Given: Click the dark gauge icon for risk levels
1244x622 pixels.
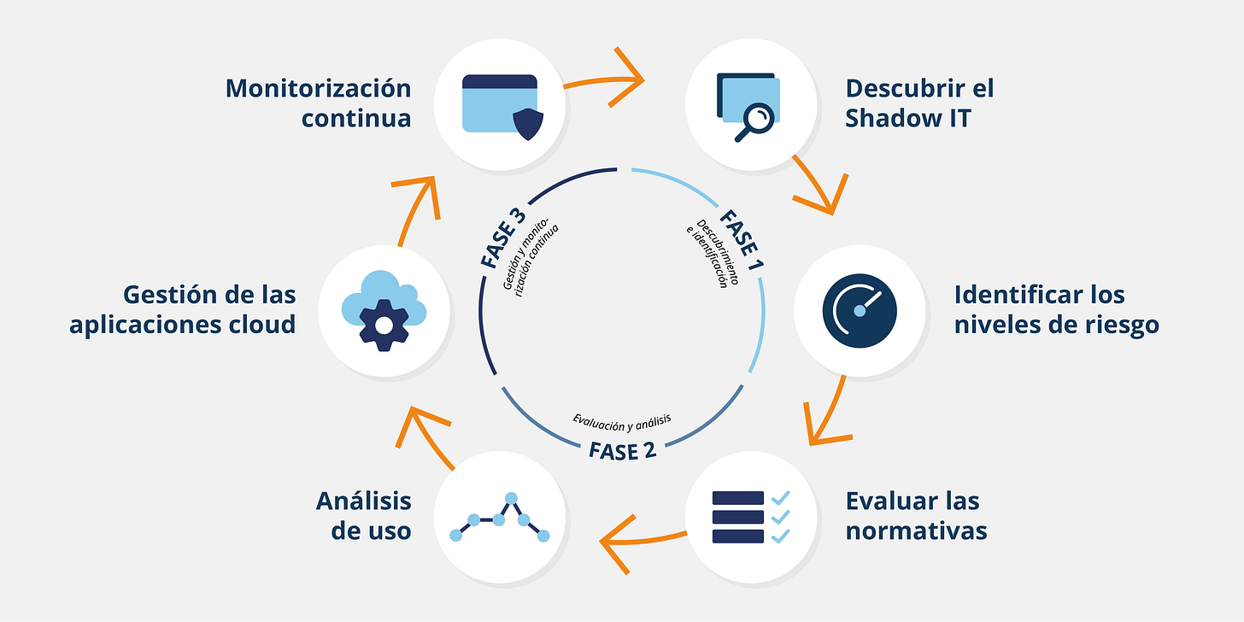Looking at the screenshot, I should pos(860,308).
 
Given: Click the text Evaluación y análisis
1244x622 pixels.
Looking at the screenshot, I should pos(622,421).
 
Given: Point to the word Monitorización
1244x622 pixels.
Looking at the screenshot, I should pos(318,88).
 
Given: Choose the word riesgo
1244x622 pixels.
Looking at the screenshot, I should pos(1114,325).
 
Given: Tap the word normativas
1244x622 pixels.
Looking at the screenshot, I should pos(916,531).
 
